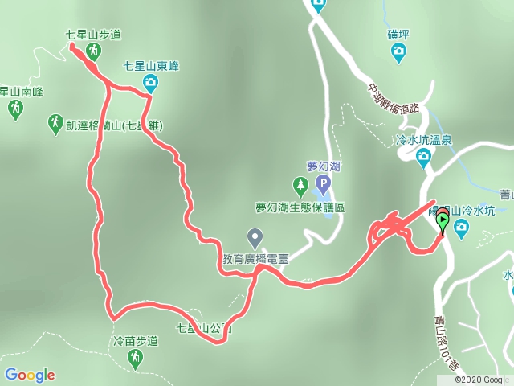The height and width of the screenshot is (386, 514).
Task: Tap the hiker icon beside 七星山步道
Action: click(x=94, y=51)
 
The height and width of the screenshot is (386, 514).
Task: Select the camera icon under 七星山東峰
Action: click(x=150, y=81)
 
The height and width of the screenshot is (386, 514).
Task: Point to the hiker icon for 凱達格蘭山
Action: click(x=55, y=123)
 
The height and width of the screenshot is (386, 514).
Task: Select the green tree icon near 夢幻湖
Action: click(x=300, y=187)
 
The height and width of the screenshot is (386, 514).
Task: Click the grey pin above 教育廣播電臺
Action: click(x=255, y=237)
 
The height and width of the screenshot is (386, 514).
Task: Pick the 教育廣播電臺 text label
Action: click(x=255, y=259)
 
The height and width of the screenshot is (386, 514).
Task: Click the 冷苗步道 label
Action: click(x=136, y=340)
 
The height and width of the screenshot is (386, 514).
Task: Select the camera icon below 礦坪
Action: click(x=398, y=53)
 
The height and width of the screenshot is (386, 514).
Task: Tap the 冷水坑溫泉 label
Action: click(x=425, y=139)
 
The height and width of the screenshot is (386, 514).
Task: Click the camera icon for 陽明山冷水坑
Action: click(x=462, y=228)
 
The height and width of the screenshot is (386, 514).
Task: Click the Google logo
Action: click(x=30, y=375)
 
